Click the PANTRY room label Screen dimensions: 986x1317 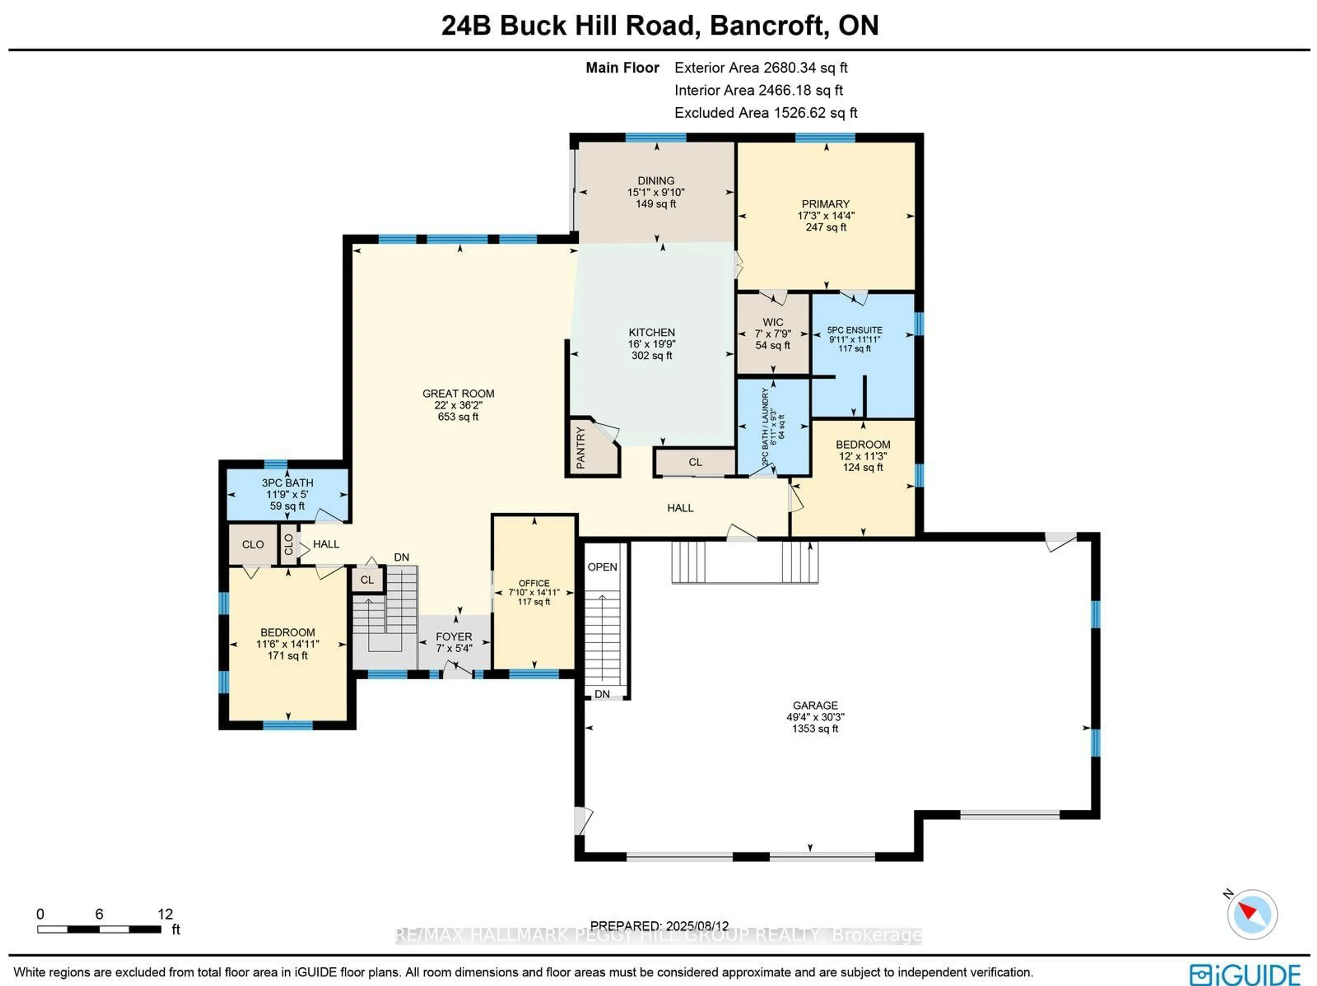pyautogui.click(x=581, y=447)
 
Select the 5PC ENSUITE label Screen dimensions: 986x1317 pyautogui.click(x=854, y=330)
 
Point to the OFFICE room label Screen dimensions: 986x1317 pyautogui.click(x=534, y=583)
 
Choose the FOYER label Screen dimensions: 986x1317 pyautogui.click(x=454, y=637)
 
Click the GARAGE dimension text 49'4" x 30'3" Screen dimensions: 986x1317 pyautogui.click(x=815, y=717)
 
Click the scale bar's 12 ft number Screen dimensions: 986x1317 pyautogui.click(x=165, y=914)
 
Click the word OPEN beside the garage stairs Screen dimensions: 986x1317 pyautogui.click(x=602, y=567)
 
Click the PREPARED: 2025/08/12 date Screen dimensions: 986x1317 pyautogui.click(x=659, y=926)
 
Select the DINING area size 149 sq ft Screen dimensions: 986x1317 pyautogui.click(x=655, y=204)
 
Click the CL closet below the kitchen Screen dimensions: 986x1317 pyautogui.click(x=695, y=462)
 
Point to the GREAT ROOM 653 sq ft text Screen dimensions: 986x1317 pyautogui.click(x=458, y=417)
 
